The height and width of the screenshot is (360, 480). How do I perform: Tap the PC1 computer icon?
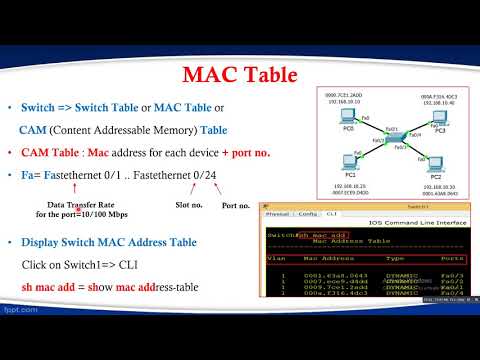tap(350, 161)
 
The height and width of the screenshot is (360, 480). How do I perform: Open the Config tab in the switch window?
tap(309, 213)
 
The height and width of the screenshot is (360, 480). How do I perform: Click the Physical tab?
tap(280, 213)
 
